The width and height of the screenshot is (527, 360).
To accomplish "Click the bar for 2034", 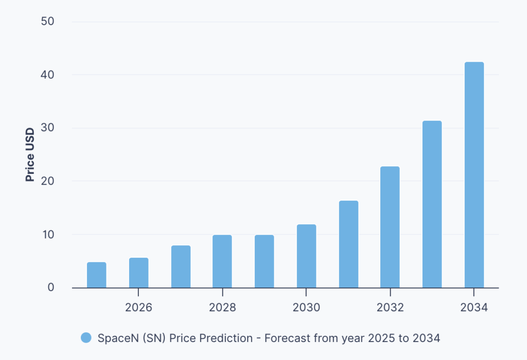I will [474, 175].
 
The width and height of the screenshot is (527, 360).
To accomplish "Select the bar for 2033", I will [432, 204].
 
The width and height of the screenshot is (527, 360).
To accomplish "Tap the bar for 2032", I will [390, 227].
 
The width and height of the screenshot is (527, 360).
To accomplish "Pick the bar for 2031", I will [348, 244].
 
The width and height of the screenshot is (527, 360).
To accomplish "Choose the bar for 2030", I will [306, 256].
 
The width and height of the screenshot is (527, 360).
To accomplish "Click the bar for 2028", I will [222, 261].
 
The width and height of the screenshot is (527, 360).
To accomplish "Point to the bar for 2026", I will [138, 273].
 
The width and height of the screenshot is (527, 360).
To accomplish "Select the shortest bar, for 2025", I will [96, 275].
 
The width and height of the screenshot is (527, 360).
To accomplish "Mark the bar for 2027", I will [181, 266].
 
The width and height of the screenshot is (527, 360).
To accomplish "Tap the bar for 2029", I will [264, 261].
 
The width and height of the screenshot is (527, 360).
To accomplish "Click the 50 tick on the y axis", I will [48, 22].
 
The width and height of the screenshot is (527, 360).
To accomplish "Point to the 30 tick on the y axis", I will [48, 128].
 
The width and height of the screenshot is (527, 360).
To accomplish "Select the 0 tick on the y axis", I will [51, 287].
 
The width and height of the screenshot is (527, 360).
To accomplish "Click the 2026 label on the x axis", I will [138, 308].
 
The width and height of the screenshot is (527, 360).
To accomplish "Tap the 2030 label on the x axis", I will [306, 308].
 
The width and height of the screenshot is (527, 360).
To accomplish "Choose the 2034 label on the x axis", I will [474, 308].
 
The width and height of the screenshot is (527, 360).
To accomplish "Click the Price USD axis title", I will [30, 154].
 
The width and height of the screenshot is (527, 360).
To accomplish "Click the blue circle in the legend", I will [86, 338].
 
